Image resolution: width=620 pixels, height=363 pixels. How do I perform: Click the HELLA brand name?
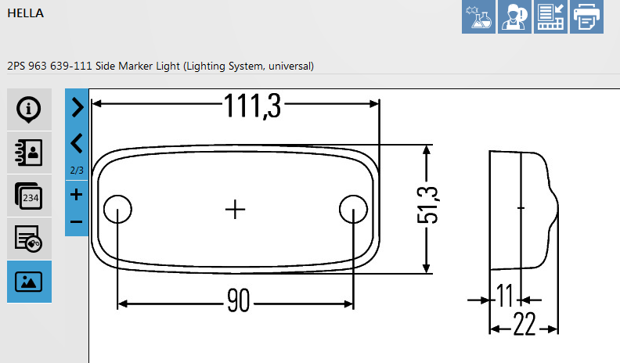25,13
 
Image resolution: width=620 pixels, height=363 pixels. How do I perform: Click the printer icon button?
586,16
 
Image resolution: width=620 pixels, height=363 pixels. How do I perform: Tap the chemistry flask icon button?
478,16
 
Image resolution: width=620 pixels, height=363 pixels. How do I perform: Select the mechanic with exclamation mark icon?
514,16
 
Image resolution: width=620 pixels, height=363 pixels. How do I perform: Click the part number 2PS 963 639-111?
49,66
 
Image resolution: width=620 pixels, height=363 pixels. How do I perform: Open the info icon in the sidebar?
29,110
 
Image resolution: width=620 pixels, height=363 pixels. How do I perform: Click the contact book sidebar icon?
29,153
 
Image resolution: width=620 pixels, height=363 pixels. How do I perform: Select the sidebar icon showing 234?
29,196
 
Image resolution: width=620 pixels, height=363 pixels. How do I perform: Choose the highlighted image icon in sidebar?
29,281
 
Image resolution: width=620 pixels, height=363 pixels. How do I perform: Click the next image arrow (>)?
77,107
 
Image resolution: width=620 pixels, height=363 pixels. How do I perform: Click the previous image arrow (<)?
77,143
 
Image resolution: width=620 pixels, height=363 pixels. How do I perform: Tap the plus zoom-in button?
76,194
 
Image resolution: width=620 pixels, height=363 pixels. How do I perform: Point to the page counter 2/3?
77,171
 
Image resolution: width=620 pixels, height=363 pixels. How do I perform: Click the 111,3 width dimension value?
252,106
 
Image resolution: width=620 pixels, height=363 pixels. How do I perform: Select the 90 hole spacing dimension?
239,300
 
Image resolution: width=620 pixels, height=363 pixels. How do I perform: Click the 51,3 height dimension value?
428,206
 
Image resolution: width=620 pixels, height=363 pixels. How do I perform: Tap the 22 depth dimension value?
524,324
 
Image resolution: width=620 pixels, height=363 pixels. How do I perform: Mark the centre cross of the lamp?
236,209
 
